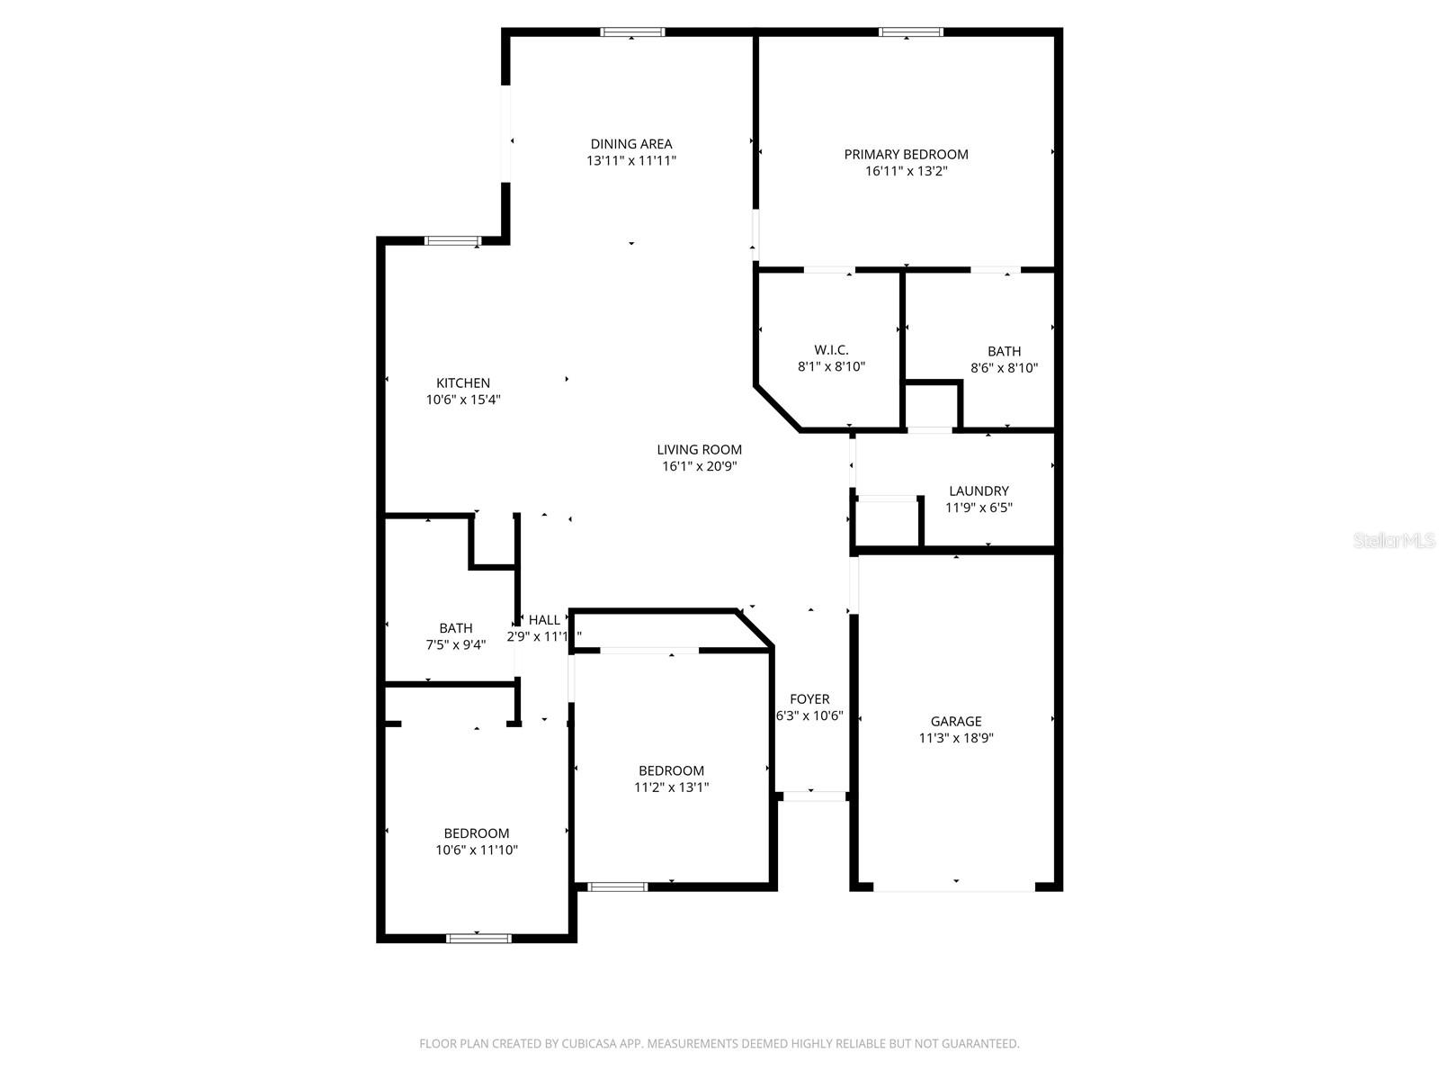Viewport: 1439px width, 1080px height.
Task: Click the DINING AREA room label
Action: click(631, 144)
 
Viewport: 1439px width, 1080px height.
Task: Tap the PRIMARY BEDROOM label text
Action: click(906, 155)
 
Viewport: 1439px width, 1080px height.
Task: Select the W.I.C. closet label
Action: click(831, 350)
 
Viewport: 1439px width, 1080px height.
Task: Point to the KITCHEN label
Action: click(463, 383)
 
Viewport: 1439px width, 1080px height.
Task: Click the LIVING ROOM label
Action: click(699, 450)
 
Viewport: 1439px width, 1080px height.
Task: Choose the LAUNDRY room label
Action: click(979, 491)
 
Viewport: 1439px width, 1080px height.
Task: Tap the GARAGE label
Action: click(956, 722)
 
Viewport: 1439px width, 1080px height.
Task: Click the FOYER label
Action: click(809, 699)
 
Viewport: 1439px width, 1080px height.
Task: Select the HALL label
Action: click(544, 620)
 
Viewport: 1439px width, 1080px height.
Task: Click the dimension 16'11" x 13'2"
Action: click(906, 171)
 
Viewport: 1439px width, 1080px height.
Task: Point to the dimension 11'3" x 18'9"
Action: click(956, 738)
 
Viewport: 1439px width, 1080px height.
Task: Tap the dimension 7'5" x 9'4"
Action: click(456, 644)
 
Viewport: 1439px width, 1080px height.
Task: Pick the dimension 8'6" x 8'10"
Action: click(1004, 368)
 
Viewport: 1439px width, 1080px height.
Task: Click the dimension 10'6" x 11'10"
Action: click(477, 850)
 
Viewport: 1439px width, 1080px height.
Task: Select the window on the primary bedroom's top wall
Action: click(910, 32)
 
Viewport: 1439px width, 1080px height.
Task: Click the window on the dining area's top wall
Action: click(632, 32)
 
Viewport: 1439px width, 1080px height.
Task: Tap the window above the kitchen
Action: click(452, 240)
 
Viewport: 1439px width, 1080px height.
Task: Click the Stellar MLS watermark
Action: click(1394, 541)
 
